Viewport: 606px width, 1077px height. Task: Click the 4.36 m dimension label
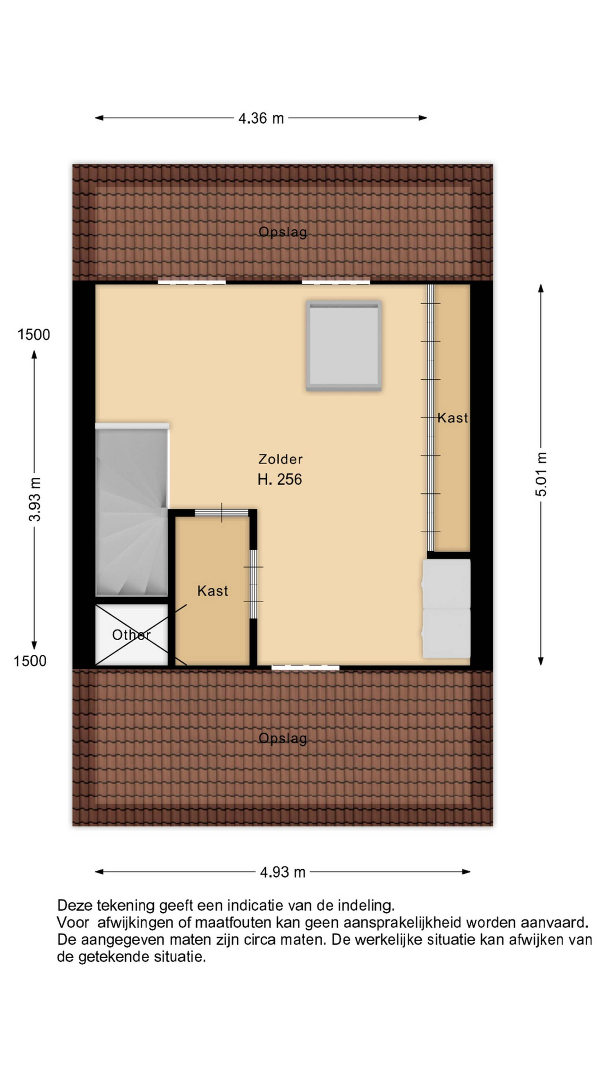pos(261,118)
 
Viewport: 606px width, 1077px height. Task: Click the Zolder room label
pos(280,459)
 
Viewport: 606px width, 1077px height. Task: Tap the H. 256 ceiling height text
pos(280,479)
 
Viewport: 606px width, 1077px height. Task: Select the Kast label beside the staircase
pos(213,591)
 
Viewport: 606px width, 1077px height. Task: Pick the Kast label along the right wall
pos(453,418)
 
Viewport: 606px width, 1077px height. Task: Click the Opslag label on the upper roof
pos(283,232)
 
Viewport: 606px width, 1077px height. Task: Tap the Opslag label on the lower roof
pos(283,738)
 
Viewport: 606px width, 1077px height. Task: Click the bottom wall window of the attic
pos(305,668)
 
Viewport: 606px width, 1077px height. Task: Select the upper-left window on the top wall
pos(192,282)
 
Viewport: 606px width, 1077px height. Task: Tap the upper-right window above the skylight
pos(336,282)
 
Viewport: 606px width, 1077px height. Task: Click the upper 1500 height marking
pos(33,334)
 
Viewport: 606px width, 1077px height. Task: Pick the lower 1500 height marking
pos(30,661)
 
